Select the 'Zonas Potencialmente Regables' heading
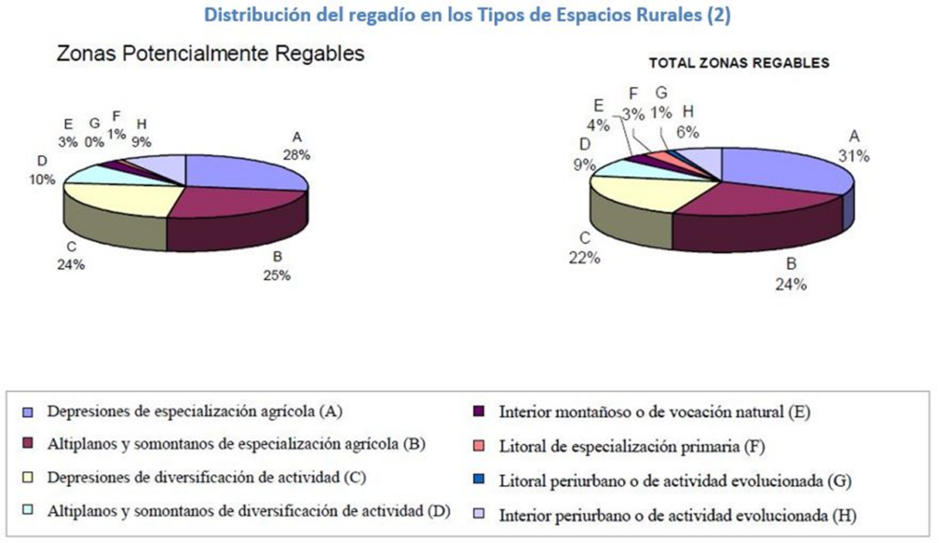[x=210, y=54]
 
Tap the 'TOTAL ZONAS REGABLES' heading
[x=739, y=63]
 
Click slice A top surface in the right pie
[x=780, y=170]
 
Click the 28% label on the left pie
[x=296, y=155]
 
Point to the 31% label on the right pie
[x=853, y=156]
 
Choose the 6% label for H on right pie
[x=688, y=131]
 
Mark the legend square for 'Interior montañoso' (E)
[x=479, y=411]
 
